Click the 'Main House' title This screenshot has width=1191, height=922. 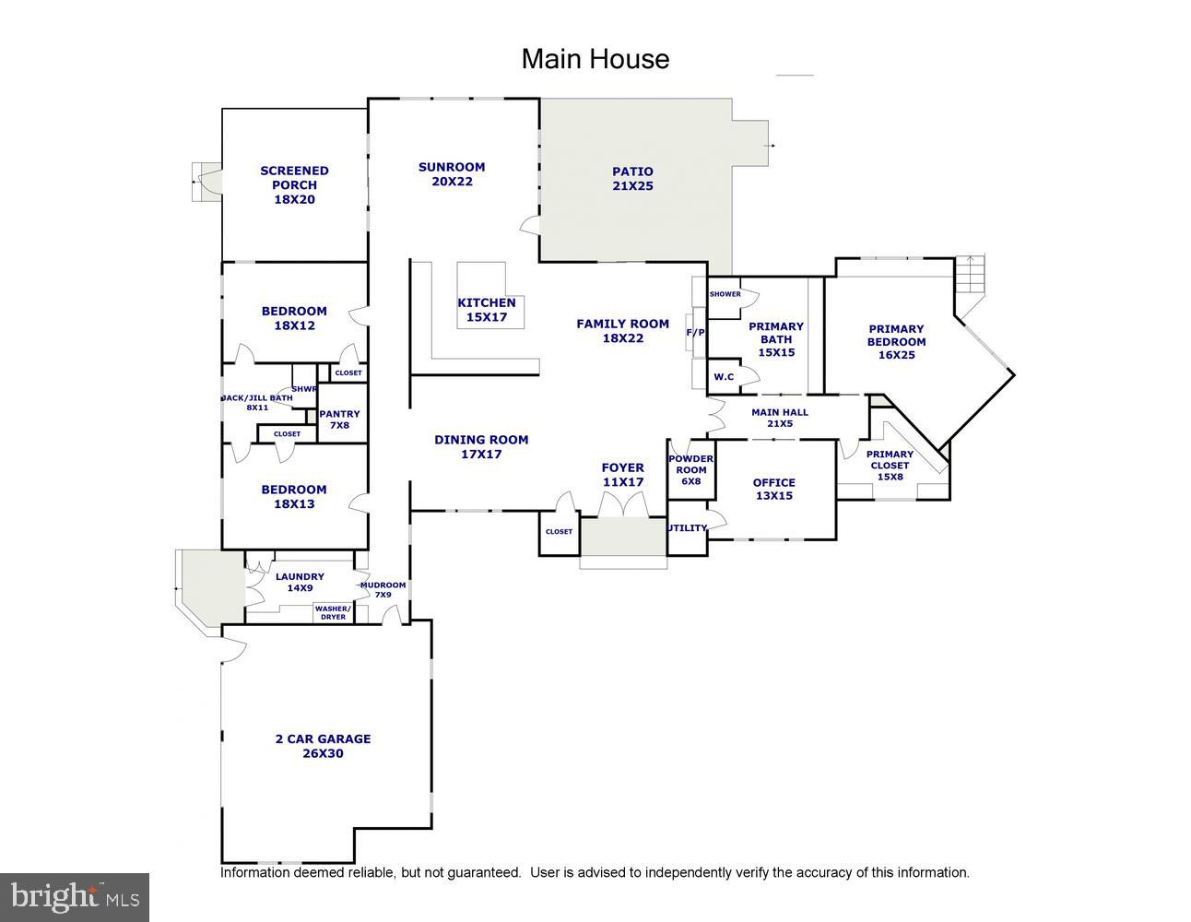595,59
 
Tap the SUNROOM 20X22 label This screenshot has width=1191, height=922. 452,174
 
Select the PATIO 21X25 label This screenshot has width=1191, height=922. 632,179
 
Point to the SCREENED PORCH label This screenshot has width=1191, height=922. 294,184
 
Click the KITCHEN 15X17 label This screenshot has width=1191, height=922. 487,310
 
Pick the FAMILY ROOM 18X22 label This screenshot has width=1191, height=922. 622,331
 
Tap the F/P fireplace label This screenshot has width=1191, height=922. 693,332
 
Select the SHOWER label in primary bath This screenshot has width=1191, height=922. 725,294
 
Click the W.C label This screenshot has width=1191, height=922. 724,376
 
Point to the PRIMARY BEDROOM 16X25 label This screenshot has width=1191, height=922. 896,341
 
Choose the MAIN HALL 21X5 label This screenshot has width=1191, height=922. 780,418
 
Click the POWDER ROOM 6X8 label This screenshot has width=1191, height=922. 690,469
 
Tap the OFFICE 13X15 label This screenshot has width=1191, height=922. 773,489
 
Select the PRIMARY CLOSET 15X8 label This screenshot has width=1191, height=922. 890,465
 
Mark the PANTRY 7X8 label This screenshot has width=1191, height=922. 339,420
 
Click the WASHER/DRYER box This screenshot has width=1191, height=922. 333,612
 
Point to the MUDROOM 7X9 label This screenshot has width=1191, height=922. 383,590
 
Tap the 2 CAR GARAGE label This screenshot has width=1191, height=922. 323,746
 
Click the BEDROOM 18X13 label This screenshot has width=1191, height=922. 293,497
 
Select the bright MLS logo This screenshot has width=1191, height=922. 75,897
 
